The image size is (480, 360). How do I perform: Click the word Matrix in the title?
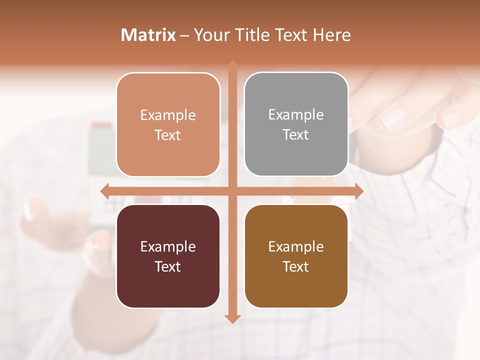[x=148, y=35]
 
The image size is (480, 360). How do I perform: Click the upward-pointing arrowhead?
[x=232, y=65]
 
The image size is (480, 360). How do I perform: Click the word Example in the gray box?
[x=296, y=115]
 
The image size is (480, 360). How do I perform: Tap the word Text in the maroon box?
[x=167, y=266]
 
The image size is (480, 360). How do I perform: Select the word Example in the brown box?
[x=296, y=246]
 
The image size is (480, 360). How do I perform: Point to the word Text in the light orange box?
[x=167, y=135]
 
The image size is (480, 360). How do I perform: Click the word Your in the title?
[x=210, y=35]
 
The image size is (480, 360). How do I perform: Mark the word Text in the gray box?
[x=296, y=134]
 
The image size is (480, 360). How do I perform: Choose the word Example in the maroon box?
[x=167, y=246]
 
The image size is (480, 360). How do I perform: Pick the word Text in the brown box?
[x=296, y=266]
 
